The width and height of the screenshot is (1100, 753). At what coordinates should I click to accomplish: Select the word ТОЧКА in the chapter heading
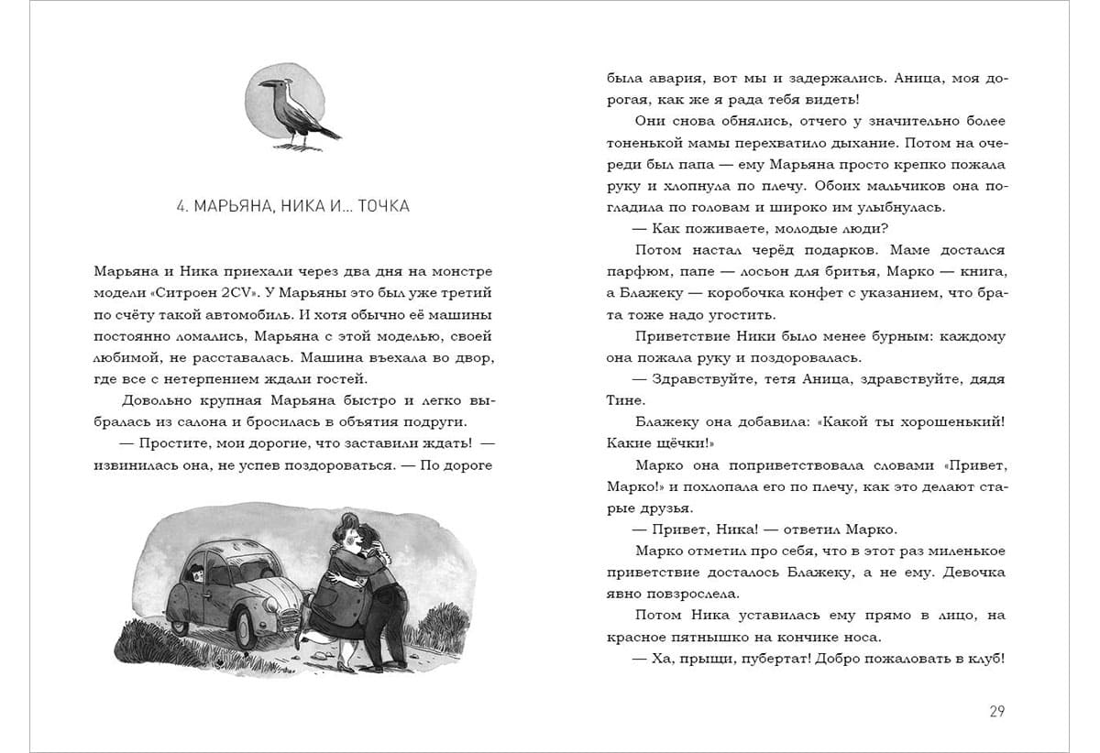point(379,206)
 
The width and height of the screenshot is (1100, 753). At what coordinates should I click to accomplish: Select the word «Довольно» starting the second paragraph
point(152,400)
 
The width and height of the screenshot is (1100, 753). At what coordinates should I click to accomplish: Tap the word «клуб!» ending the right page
point(983,659)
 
